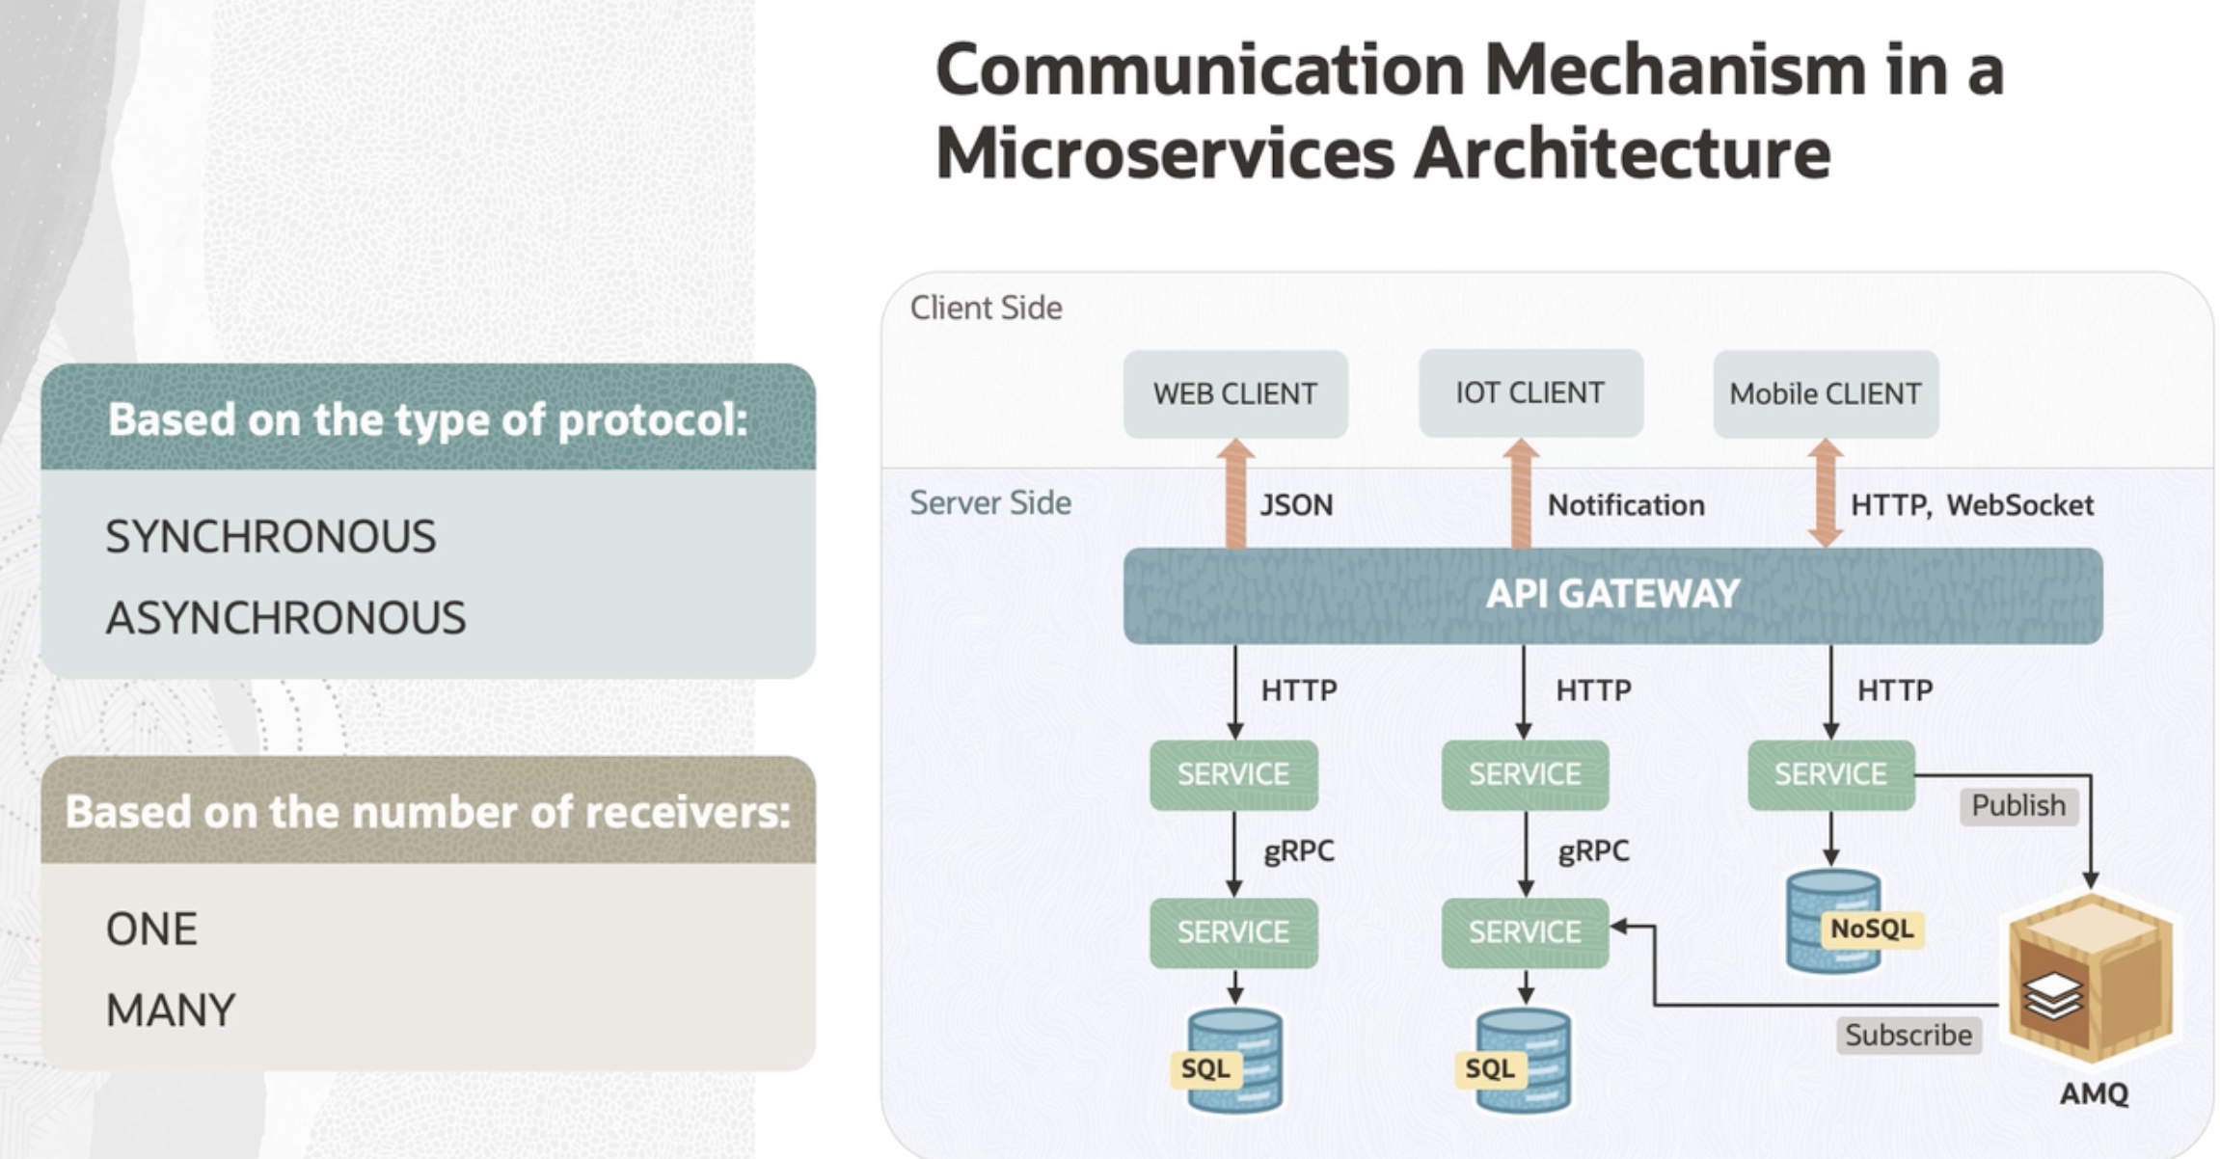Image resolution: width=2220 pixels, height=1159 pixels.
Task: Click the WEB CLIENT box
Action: [x=1234, y=393]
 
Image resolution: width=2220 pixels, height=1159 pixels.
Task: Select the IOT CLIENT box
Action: [x=1530, y=393]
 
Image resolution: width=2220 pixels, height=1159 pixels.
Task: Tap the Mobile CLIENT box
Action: [x=1825, y=393]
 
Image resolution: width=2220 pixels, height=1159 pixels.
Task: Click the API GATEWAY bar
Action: [x=1612, y=594]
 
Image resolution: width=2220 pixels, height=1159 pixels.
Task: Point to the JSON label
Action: [x=1296, y=505]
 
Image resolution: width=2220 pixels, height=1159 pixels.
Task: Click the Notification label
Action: [x=1626, y=505]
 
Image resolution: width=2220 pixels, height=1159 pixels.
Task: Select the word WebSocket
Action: [x=2019, y=505]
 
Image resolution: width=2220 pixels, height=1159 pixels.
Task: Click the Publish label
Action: [x=2018, y=806]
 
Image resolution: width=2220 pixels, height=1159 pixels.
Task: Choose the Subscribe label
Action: [x=1909, y=1036]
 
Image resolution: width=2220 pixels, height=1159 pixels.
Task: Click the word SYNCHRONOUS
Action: [x=271, y=537]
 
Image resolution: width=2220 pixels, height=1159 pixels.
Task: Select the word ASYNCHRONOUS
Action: [x=285, y=618]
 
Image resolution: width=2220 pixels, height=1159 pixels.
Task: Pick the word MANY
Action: [x=171, y=1011]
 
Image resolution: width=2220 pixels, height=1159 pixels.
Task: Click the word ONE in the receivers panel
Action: [x=151, y=930]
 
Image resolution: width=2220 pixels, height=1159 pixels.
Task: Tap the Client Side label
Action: [x=986, y=309]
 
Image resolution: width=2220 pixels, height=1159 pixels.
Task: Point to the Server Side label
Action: [x=990, y=503]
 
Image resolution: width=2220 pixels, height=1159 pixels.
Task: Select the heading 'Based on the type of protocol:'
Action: [x=427, y=419]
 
